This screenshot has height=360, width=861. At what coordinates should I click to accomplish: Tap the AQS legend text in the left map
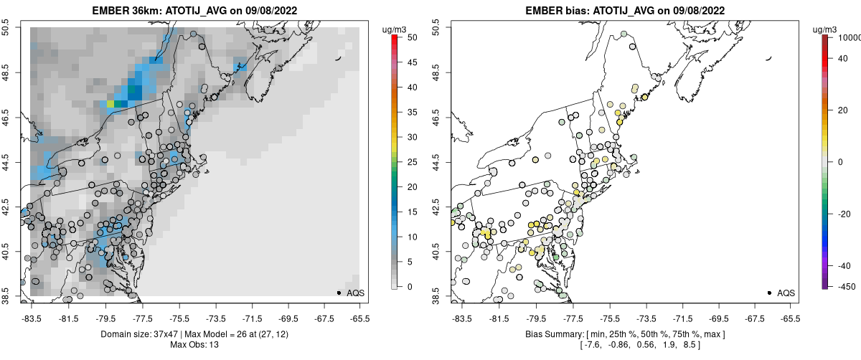tap(356, 293)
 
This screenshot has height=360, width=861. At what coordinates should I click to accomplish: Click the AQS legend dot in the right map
tap(769, 293)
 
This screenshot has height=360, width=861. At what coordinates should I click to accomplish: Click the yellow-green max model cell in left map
tap(110, 104)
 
